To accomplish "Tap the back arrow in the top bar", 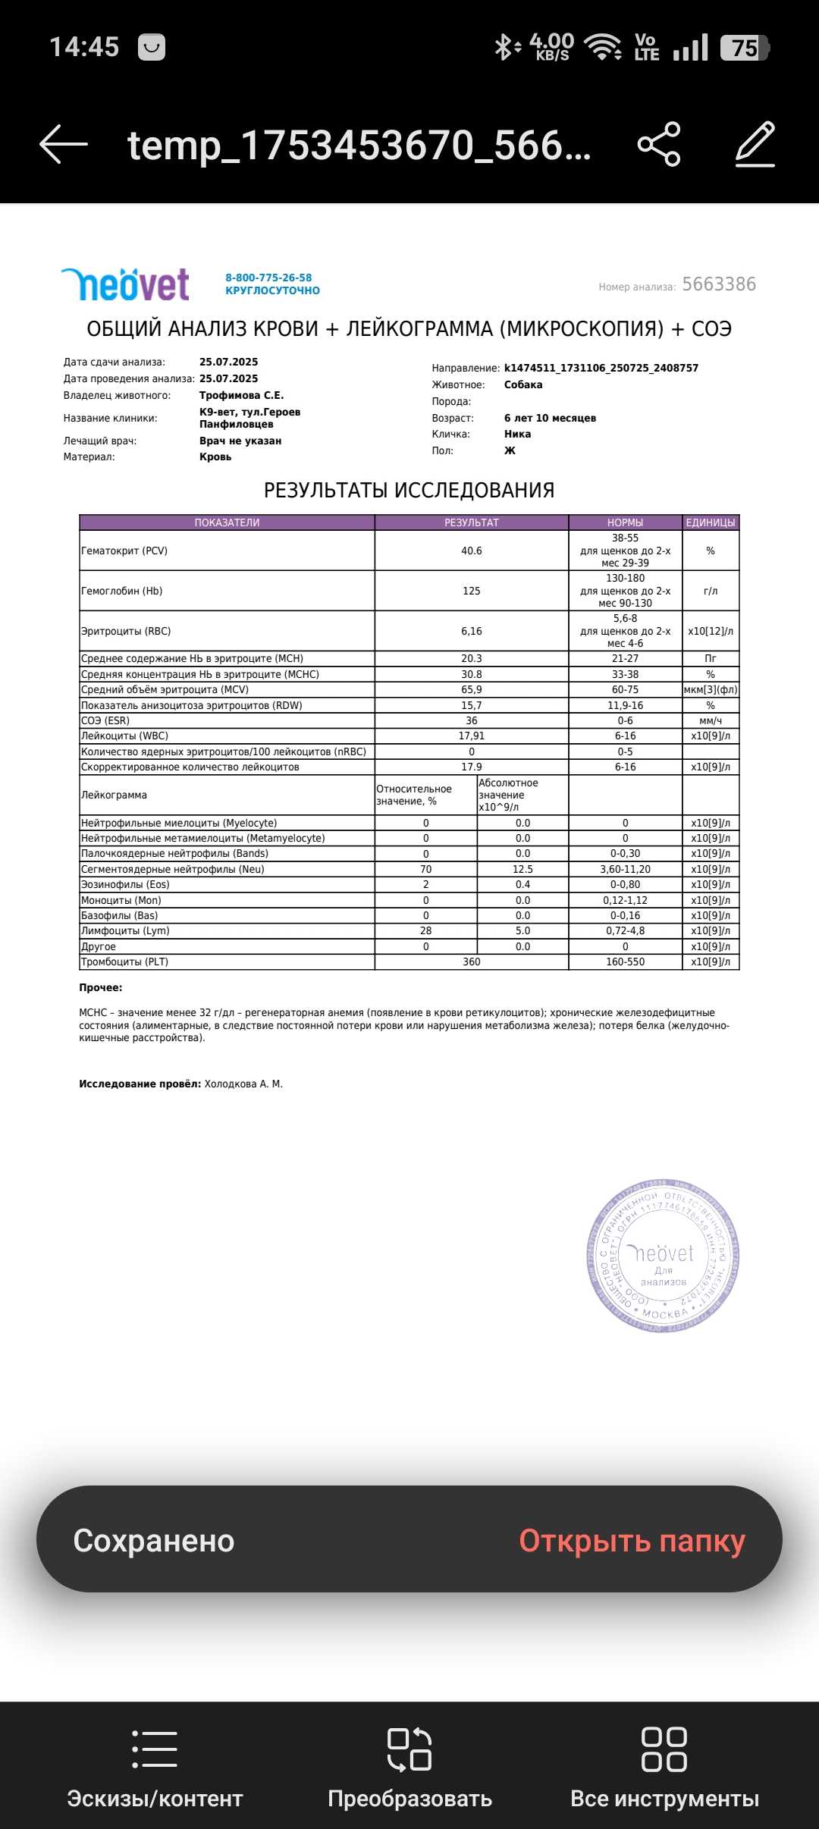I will click(x=64, y=144).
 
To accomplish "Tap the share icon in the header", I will click(x=659, y=144).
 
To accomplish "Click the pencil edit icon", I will click(x=755, y=144).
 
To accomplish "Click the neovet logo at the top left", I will click(x=126, y=284).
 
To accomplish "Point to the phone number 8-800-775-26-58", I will click(x=268, y=278).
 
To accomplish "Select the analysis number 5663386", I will click(x=719, y=284).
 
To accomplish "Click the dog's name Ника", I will click(x=517, y=435).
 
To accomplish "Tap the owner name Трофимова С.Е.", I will click(x=241, y=395).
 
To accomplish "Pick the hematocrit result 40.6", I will click(x=471, y=551).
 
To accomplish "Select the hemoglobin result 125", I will click(x=471, y=591).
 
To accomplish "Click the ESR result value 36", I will click(x=471, y=720).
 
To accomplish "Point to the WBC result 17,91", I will click(x=471, y=736).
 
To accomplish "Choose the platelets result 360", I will click(x=471, y=962).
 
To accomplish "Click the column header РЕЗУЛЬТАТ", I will click(x=471, y=522).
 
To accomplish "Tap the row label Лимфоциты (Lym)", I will click(x=125, y=930).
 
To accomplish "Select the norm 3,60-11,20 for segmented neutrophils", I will click(x=625, y=869).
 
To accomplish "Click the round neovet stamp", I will click(x=663, y=1255).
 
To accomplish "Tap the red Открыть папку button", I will click(x=632, y=1541).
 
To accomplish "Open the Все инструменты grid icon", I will click(x=664, y=1749).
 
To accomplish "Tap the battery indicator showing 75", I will click(x=744, y=48).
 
